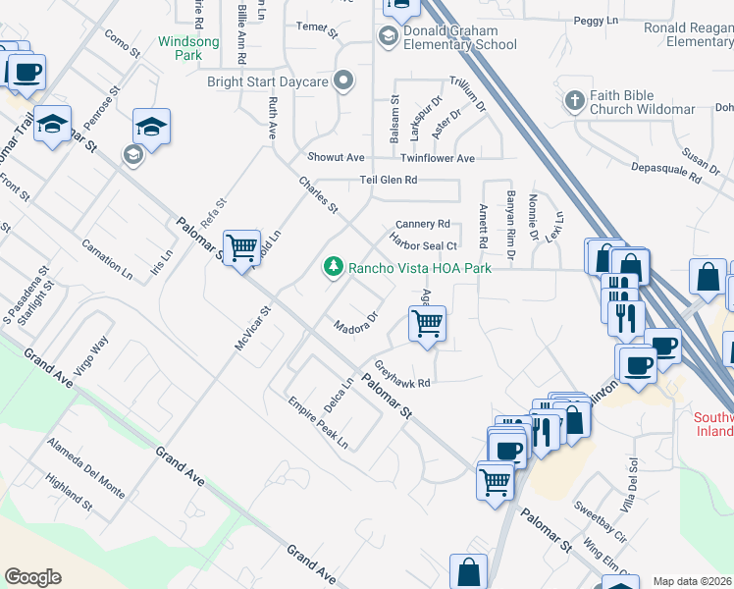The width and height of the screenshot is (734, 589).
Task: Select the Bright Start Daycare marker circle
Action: [x=343, y=81]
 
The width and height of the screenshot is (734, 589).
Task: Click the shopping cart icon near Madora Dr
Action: [x=427, y=322]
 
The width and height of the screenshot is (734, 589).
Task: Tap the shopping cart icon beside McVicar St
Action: [x=240, y=246]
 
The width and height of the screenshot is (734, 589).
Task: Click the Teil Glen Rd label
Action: [x=389, y=180]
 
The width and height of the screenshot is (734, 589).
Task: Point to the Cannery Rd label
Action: [x=422, y=224]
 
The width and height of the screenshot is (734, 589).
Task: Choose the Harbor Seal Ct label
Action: [x=424, y=244]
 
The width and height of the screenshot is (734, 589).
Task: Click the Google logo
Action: [x=32, y=576]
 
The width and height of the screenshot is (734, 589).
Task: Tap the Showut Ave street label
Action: [x=336, y=157]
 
